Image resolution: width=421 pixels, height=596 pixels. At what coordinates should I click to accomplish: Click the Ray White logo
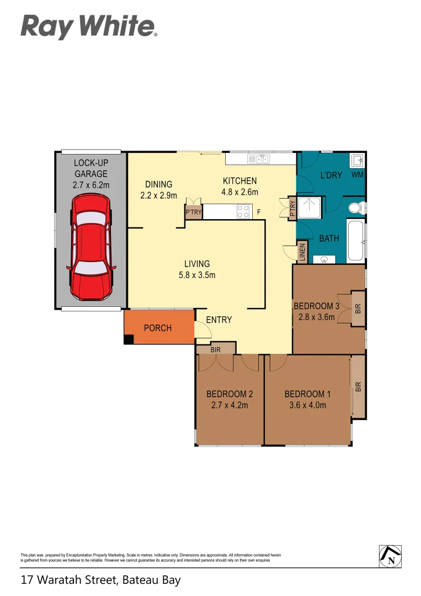[89, 26]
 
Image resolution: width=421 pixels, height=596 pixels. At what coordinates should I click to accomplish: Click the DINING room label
[159, 184]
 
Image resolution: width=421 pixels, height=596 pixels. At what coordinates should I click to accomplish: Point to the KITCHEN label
[240, 181]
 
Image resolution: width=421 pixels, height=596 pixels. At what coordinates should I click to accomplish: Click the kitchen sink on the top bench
[258, 159]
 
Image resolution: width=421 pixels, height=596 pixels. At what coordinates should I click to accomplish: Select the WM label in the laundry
[358, 175]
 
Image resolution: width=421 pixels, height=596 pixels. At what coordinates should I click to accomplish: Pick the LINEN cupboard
[302, 252]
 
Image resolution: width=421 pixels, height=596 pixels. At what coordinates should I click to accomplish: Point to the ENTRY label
[219, 320]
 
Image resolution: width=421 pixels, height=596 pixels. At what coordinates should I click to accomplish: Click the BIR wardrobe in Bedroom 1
[358, 387]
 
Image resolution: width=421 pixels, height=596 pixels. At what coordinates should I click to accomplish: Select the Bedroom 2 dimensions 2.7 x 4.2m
[229, 405]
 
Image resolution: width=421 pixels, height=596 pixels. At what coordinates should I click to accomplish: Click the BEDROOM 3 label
[316, 306]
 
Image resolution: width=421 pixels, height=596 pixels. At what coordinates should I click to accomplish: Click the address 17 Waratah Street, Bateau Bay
[101, 580]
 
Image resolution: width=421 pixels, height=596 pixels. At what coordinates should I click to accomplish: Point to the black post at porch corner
[129, 340]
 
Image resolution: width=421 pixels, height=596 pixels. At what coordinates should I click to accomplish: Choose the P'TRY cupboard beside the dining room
[193, 212]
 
